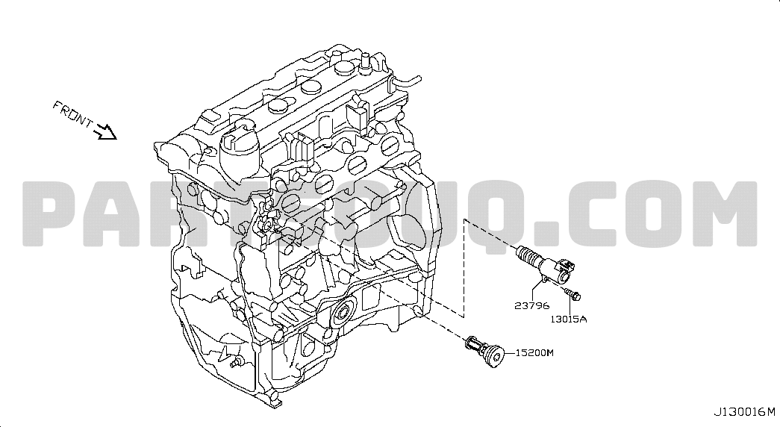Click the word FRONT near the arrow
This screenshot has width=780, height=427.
(72, 114)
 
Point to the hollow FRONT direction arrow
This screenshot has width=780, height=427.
(105, 132)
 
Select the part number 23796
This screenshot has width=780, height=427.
(531, 305)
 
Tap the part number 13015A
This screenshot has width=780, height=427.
(568, 319)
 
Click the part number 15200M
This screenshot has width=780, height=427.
(534, 353)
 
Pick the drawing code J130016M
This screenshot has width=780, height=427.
(745, 412)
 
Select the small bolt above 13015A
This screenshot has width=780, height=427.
(572, 293)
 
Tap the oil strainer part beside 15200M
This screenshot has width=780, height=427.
(485, 351)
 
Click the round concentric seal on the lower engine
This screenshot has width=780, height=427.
(343, 314)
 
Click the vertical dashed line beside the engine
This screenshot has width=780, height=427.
(464, 268)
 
